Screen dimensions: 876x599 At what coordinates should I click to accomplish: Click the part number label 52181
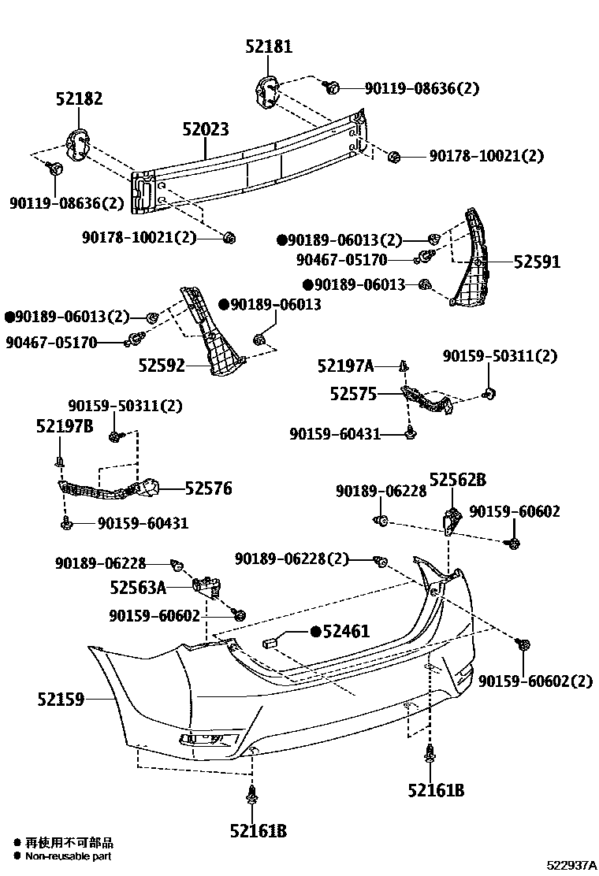268,47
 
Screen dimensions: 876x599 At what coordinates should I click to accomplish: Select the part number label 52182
79,99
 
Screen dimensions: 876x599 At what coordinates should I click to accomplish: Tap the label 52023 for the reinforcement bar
206,128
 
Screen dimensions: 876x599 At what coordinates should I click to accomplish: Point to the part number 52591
537,262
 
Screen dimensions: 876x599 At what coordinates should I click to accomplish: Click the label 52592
162,365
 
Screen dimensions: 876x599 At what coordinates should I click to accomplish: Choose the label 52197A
345,366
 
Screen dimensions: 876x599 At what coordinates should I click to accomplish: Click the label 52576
208,488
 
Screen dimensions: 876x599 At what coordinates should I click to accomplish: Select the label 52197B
65,426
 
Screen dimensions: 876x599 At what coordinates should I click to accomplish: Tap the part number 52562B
457,479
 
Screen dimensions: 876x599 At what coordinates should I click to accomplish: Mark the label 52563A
138,587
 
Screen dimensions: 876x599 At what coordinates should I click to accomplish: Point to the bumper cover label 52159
60,698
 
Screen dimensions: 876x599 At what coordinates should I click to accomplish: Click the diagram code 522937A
572,865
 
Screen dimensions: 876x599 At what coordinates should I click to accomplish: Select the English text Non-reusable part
68,856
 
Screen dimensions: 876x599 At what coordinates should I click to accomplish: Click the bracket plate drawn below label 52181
268,92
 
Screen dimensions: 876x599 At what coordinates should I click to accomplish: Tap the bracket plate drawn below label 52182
78,144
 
